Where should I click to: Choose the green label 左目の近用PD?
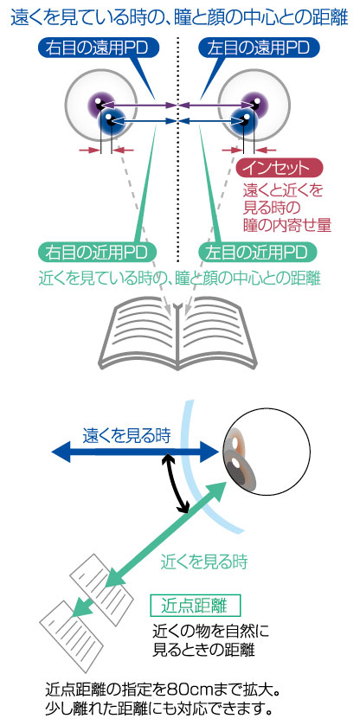pyautogui.click(x=258, y=253)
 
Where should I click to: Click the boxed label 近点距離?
pyautogui.click(x=196, y=605)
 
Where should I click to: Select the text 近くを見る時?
pyautogui.click(x=204, y=561)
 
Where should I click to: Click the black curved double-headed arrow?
pyautogui.click(x=177, y=484)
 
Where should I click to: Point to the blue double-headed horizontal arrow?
pyautogui.click(x=135, y=452)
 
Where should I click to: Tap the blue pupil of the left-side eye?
pyautogui.click(x=111, y=121)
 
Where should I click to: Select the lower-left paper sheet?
pyautogui.click(x=72, y=637)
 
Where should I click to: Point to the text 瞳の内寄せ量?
pyautogui.click(x=287, y=225)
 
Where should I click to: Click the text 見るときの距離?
pyautogui.click(x=203, y=650)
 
